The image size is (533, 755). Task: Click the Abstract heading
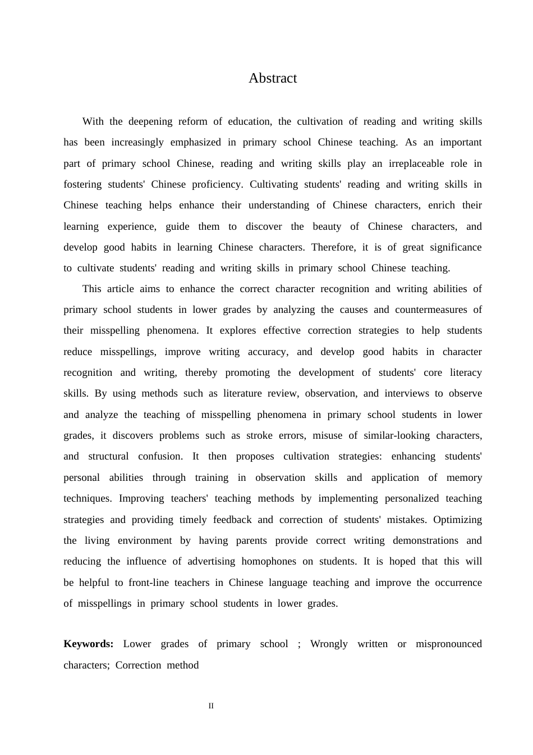click(273, 78)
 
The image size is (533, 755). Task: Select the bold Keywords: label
click(89, 644)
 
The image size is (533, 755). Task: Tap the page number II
click(211, 706)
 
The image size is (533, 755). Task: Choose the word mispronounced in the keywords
click(448, 644)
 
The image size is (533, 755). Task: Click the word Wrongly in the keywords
click(329, 644)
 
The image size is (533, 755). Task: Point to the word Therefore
click(333, 247)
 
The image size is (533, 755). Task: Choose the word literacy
click(466, 372)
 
